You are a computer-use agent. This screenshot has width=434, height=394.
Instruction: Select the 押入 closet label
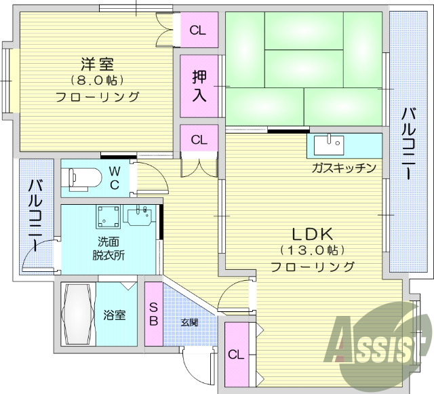click(x=199, y=85)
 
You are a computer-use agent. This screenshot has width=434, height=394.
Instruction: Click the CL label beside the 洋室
click(x=198, y=30)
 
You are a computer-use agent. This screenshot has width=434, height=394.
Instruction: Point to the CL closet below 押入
click(x=198, y=140)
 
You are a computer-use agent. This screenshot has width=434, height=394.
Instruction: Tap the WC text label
click(x=115, y=178)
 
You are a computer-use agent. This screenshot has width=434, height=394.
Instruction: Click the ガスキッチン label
click(x=344, y=168)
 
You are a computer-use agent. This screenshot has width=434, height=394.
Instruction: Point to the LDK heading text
click(x=313, y=235)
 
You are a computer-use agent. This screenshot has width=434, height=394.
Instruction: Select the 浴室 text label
click(x=113, y=315)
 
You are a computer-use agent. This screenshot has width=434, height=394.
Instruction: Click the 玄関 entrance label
click(x=189, y=322)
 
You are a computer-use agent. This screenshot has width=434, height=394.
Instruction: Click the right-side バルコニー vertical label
click(x=408, y=143)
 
